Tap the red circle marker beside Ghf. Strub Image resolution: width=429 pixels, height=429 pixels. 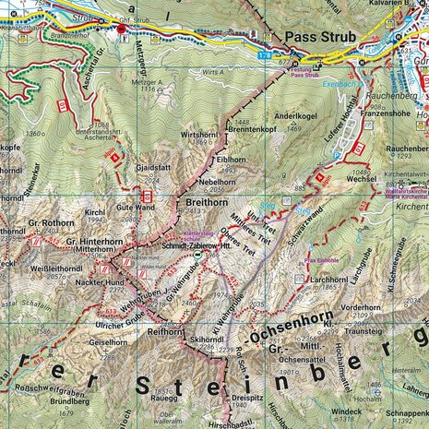121,30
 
